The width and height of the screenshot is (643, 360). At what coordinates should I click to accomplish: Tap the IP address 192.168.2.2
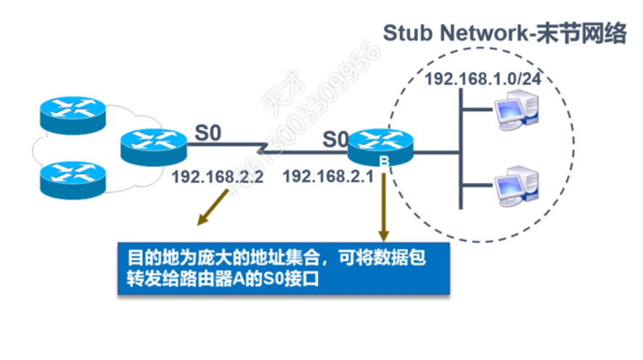[217, 176]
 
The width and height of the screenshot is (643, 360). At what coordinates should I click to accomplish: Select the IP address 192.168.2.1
[327, 176]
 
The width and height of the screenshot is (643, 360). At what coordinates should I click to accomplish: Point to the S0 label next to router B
[335, 139]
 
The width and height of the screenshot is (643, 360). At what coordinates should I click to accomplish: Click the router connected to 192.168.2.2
[154, 147]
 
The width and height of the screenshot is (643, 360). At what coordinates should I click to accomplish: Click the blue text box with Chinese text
[283, 267]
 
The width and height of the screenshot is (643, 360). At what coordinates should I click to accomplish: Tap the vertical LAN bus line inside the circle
[461, 152]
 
